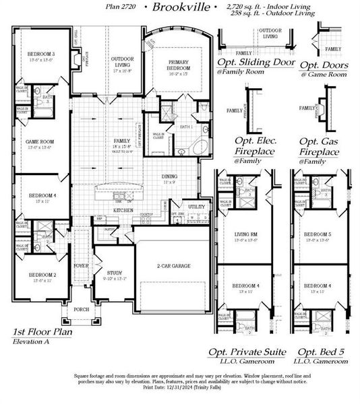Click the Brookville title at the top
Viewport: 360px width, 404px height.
(x=177, y=8)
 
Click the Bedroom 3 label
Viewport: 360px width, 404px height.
(x=41, y=54)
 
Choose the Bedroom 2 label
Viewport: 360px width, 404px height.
(x=41, y=275)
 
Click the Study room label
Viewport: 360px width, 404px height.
(x=115, y=274)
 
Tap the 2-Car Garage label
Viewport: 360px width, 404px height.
(x=173, y=266)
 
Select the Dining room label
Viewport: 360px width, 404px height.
(x=170, y=177)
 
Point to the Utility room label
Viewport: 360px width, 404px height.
(x=196, y=207)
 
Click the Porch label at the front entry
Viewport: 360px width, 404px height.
(x=81, y=310)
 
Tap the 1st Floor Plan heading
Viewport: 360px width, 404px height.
(x=43, y=333)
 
